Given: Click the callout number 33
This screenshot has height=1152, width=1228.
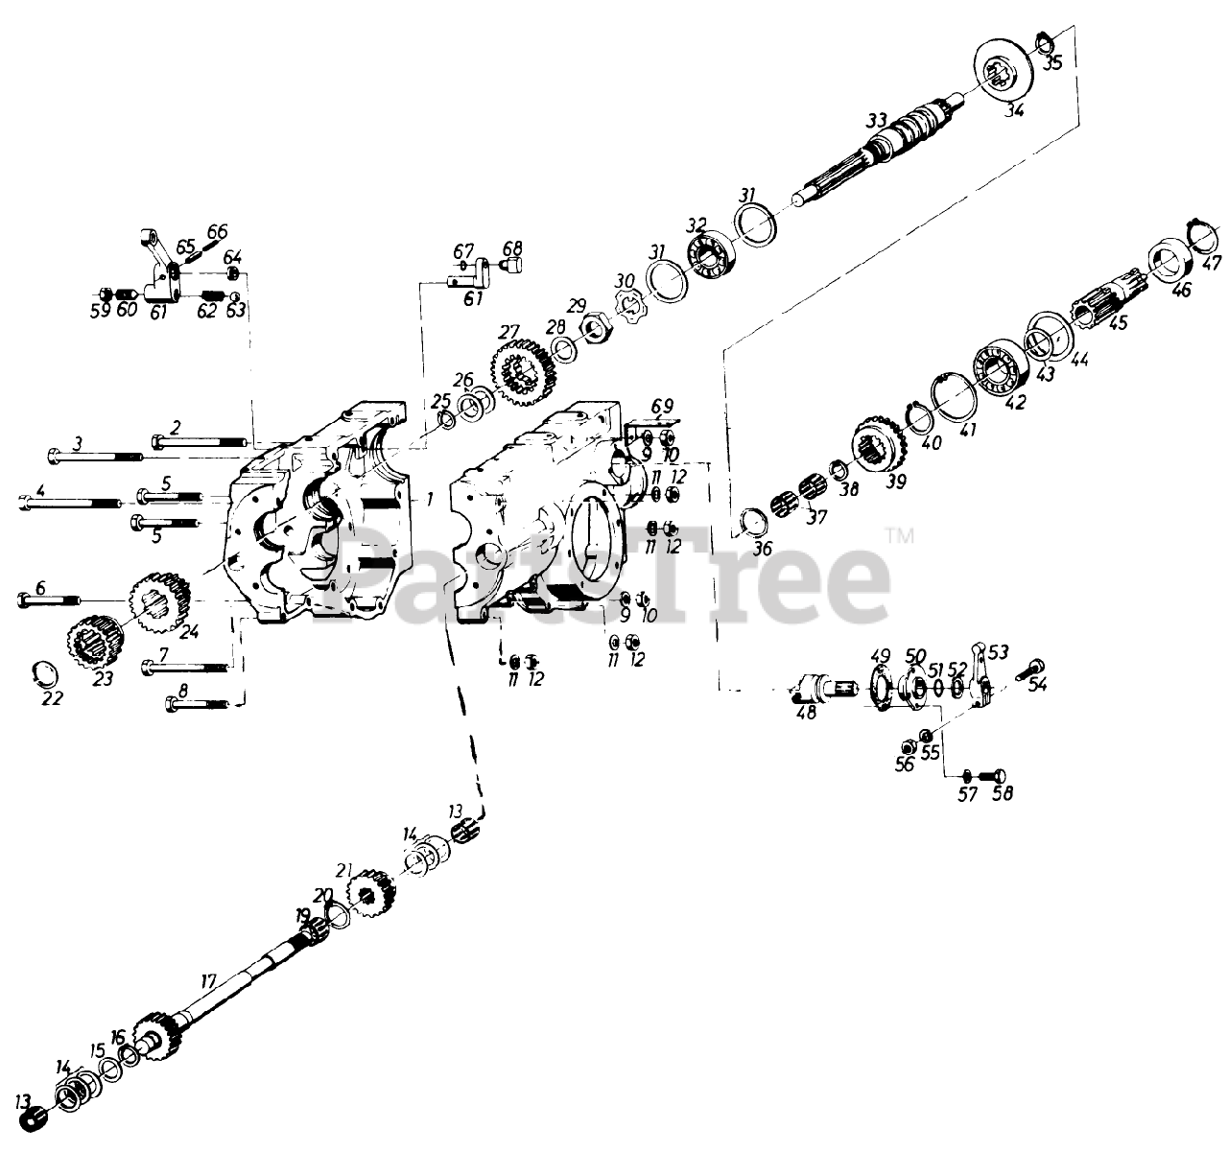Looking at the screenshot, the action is (x=875, y=122).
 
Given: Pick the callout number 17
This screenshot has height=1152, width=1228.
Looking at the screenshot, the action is (x=208, y=982).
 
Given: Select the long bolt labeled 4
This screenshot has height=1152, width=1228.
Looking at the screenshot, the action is (x=67, y=500).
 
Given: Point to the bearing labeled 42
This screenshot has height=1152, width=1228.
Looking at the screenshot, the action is (x=1000, y=366).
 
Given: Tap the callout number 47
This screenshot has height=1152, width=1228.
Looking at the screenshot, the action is (x=1212, y=263).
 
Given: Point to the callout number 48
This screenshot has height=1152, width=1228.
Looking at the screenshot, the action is (x=806, y=715).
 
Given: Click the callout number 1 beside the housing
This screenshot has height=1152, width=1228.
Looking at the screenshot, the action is (x=430, y=499).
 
